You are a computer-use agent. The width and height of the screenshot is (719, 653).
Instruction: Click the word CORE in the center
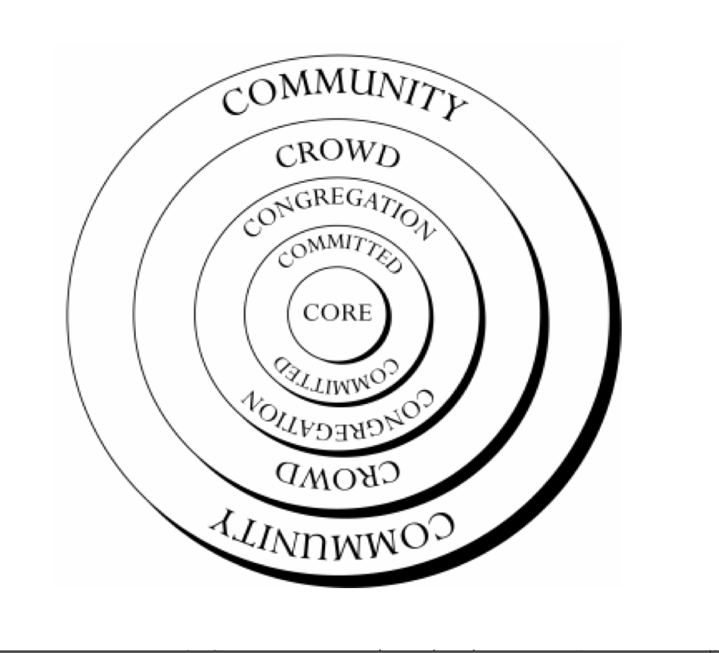tap(338, 313)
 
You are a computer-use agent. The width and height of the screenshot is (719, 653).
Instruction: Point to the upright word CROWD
tap(338, 155)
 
